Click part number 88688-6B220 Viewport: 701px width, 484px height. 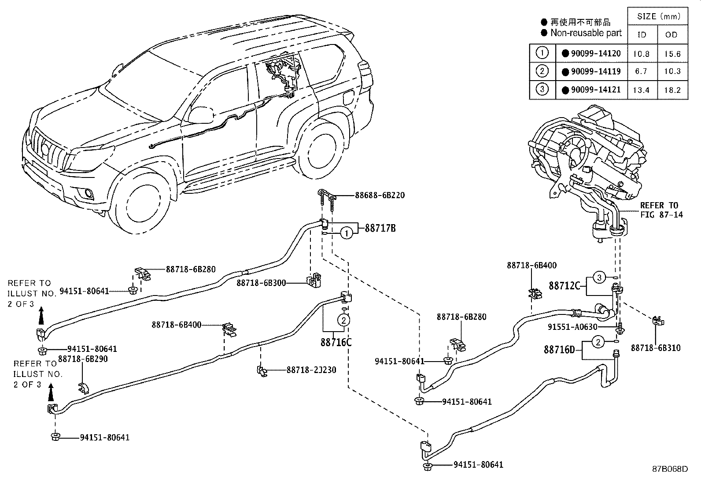(x=380, y=196)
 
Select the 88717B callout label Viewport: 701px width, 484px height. (x=380, y=228)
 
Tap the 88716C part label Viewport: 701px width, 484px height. (x=336, y=343)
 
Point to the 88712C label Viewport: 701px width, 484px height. (x=564, y=286)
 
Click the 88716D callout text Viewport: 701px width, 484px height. (x=559, y=349)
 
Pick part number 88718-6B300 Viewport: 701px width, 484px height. (x=261, y=283)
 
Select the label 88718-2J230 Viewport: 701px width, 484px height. (x=311, y=370)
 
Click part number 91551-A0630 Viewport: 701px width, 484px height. (x=572, y=327)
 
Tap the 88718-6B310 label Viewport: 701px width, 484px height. (x=656, y=348)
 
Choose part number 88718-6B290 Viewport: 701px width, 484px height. (x=83, y=359)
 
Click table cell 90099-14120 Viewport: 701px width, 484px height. (x=596, y=54)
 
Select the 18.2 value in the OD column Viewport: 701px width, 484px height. (x=672, y=90)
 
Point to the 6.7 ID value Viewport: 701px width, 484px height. (x=641, y=72)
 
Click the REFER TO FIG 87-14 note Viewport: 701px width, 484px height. (x=661, y=210)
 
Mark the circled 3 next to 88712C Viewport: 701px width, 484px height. (x=599, y=278)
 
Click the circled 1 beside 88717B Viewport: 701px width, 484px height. (x=347, y=233)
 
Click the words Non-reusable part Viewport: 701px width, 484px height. (x=586, y=33)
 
